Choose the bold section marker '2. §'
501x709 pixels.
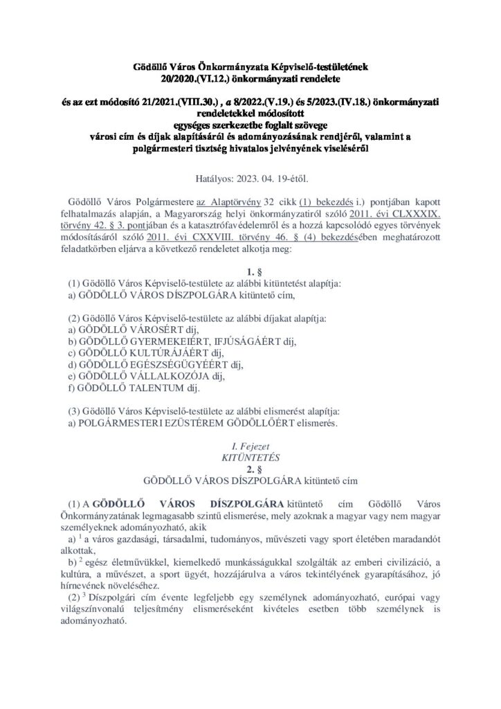[250, 467]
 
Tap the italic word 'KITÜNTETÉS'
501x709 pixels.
[250, 455]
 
